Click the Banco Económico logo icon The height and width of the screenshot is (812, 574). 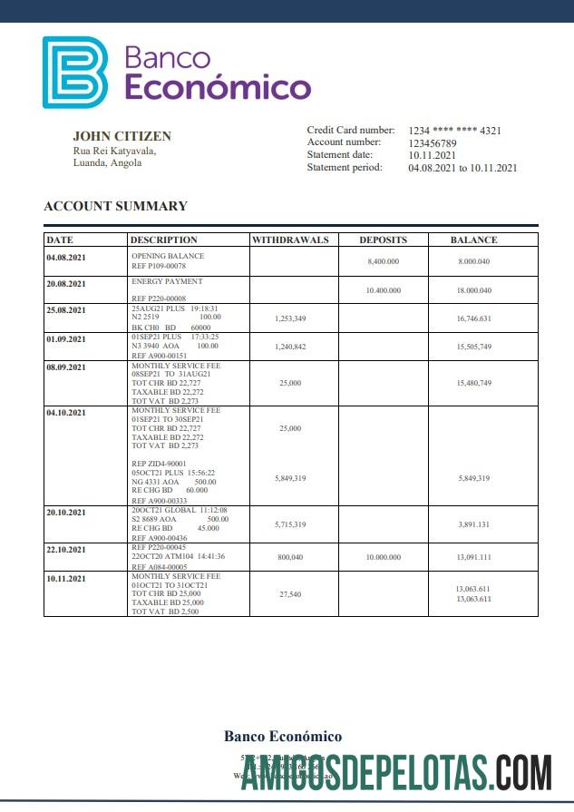coord(74,72)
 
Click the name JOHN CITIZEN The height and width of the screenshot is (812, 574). coord(122,136)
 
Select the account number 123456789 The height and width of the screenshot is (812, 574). coord(433,143)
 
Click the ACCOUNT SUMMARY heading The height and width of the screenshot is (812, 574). coord(115,206)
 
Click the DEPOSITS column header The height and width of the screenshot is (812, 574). coord(383,240)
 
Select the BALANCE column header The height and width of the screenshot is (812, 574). coord(473,240)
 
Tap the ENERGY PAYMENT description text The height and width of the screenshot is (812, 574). coord(167,282)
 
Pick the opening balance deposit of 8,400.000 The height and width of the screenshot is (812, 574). coord(383,261)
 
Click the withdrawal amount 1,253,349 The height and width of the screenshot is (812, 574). coord(289,318)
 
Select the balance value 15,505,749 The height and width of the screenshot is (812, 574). coord(473,347)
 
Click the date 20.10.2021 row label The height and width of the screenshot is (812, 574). coord(67,512)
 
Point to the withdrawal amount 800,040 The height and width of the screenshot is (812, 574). coord(289,557)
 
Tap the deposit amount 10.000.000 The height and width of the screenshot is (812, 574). coord(383,557)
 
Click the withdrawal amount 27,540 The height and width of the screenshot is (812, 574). coord(289,593)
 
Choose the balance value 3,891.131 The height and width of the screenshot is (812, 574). coord(473,524)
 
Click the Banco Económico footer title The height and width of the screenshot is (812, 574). coord(283,737)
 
